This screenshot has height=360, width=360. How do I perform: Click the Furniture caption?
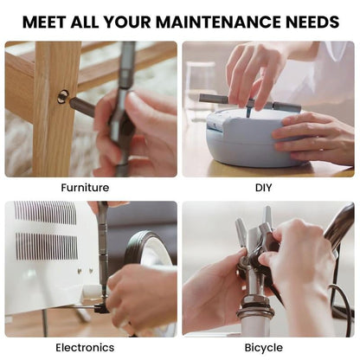coord(85,187)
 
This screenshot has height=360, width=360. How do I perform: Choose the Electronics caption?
coord(85,347)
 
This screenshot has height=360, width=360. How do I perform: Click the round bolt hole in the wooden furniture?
coord(63,96)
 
